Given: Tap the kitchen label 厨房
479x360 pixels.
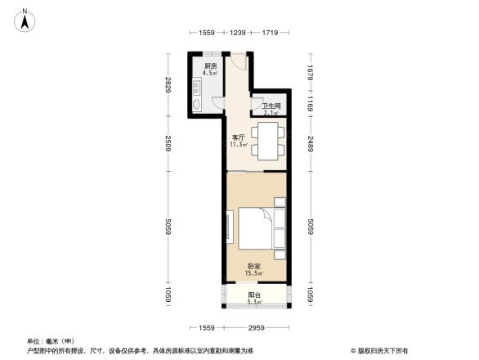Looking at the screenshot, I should pos(210,65).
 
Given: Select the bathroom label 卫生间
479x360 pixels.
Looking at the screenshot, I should pos(271,106).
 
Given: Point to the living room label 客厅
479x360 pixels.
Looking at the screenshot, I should pos(239,137).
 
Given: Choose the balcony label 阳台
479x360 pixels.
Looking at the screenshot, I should pos(254,295).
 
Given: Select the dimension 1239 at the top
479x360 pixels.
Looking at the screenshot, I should pos(238,32).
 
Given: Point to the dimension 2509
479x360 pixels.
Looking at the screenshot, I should pos(168,146).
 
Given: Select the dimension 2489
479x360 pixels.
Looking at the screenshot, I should pos(311,145).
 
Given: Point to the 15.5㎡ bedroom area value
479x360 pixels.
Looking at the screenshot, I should pos(255,274).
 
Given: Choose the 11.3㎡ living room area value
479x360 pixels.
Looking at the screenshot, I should pos(239,145).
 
